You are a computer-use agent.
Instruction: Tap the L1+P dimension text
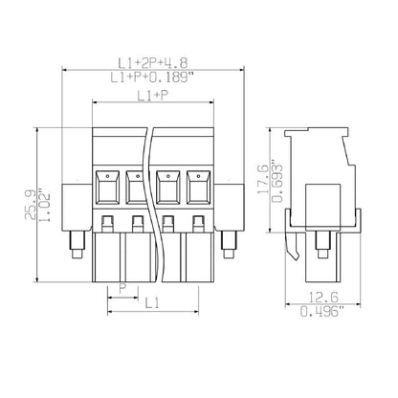tap(153, 95)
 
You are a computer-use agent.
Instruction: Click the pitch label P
tap(122, 288)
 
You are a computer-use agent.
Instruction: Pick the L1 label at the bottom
tap(151, 302)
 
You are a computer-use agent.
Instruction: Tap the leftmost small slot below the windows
tap(107, 224)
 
